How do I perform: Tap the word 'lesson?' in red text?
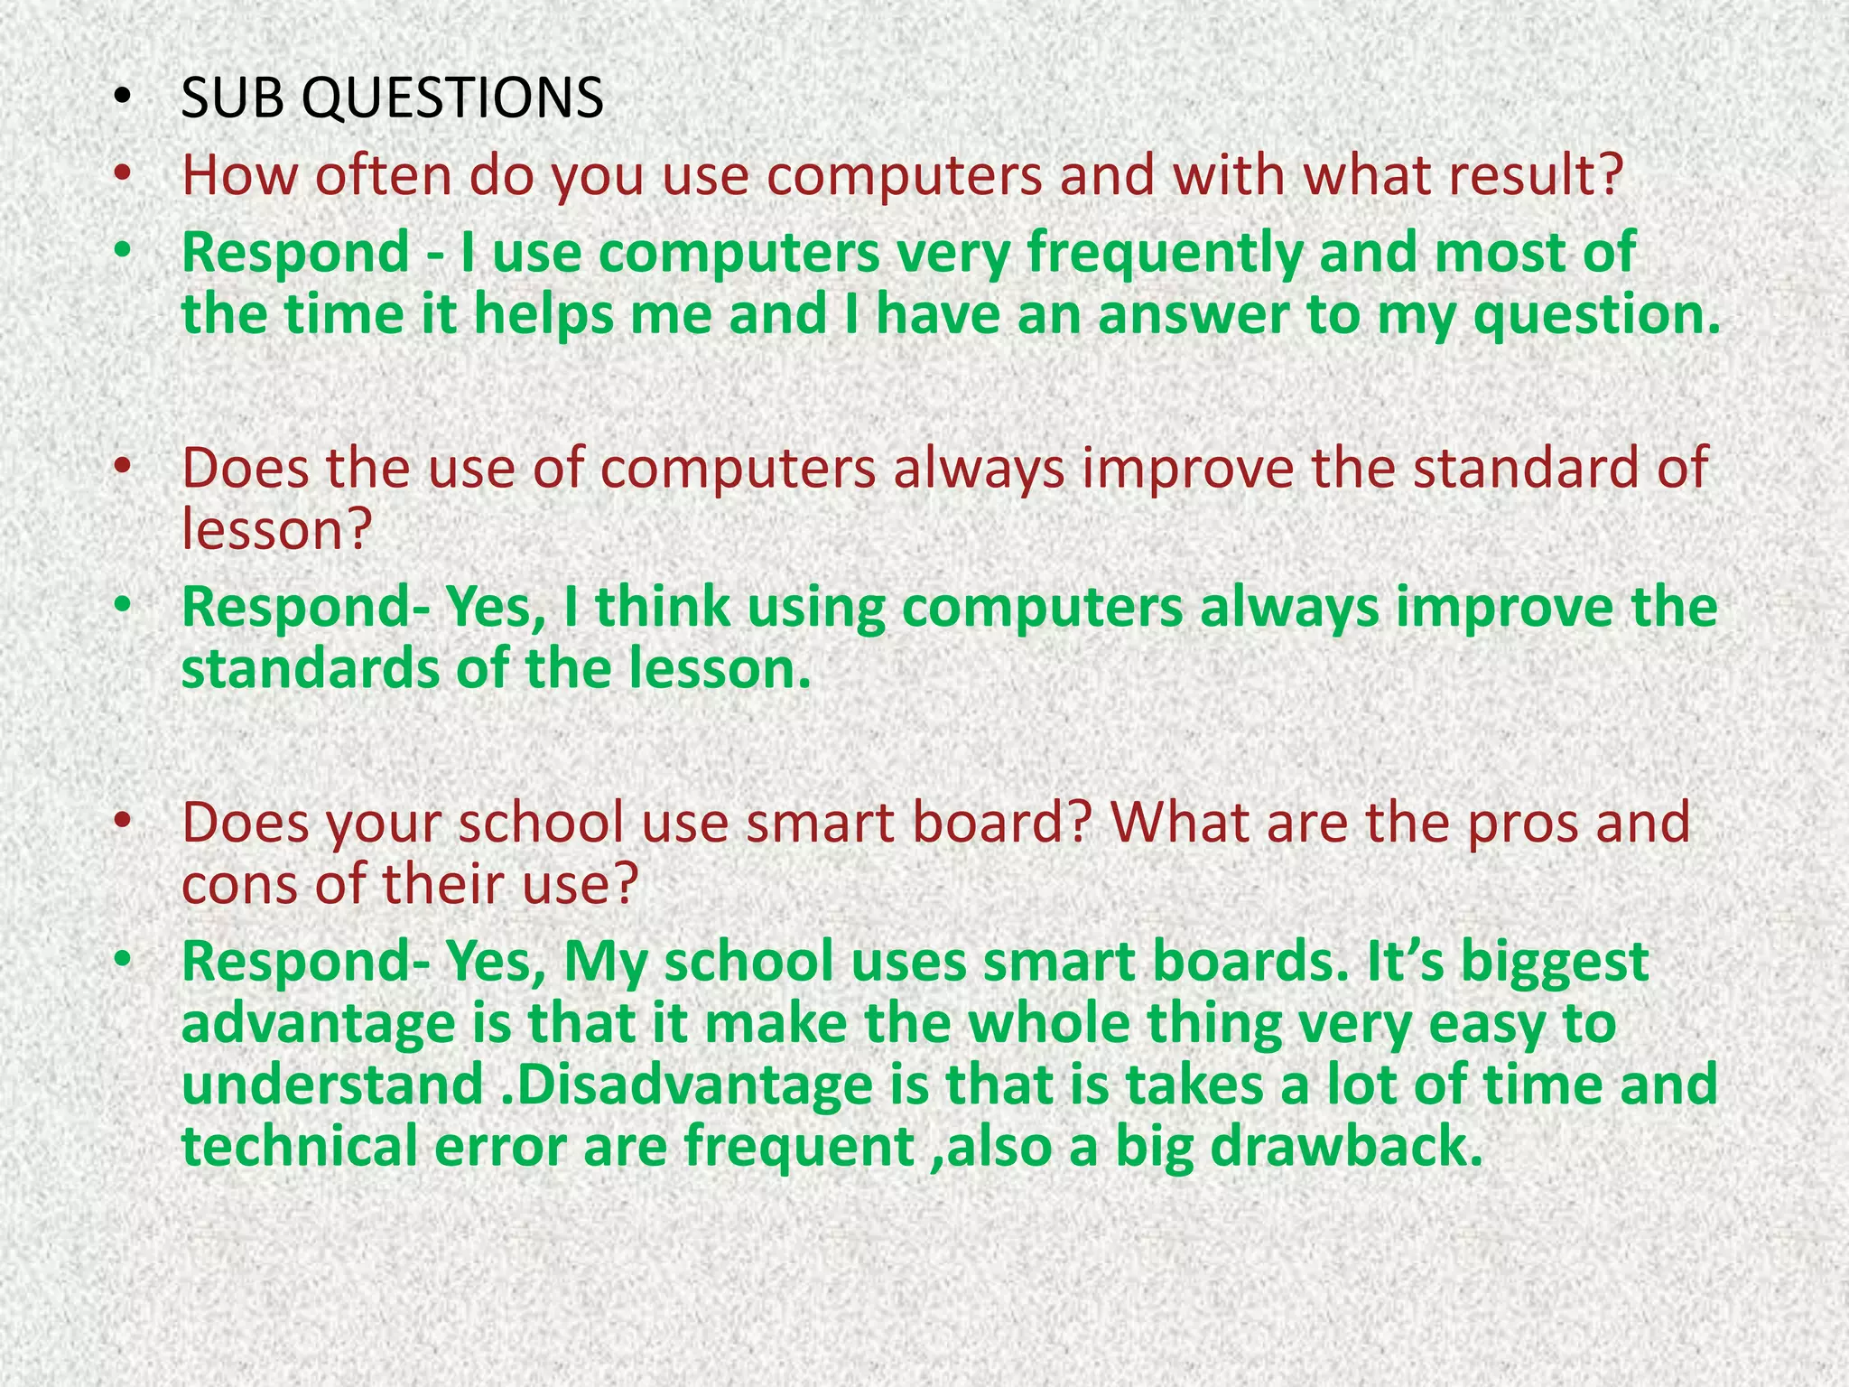(276, 529)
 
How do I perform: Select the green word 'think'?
(663, 607)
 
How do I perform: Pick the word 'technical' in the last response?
(299, 1146)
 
